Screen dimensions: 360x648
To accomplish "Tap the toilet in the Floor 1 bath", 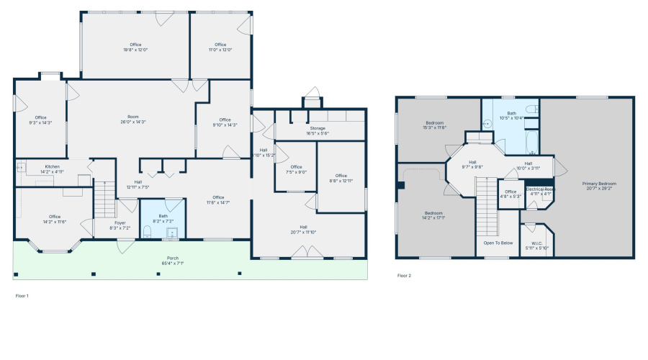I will (x=147, y=231).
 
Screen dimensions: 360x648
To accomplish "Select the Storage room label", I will (x=318, y=130).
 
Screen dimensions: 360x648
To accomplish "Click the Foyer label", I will (x=120, y=225).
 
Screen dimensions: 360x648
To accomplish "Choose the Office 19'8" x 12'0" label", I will (x=135, y=47).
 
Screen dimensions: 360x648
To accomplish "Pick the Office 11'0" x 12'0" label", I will (x=220, y=47).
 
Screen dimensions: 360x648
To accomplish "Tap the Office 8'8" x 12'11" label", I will (x=341, y=177).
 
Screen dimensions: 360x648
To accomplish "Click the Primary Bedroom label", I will (x=599, y=186).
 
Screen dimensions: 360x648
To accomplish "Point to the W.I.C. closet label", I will (x=536, y=245).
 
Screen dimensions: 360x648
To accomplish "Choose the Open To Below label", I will (x=498, y=243).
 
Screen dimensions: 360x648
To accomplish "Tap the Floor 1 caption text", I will (x=22, y=295).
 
